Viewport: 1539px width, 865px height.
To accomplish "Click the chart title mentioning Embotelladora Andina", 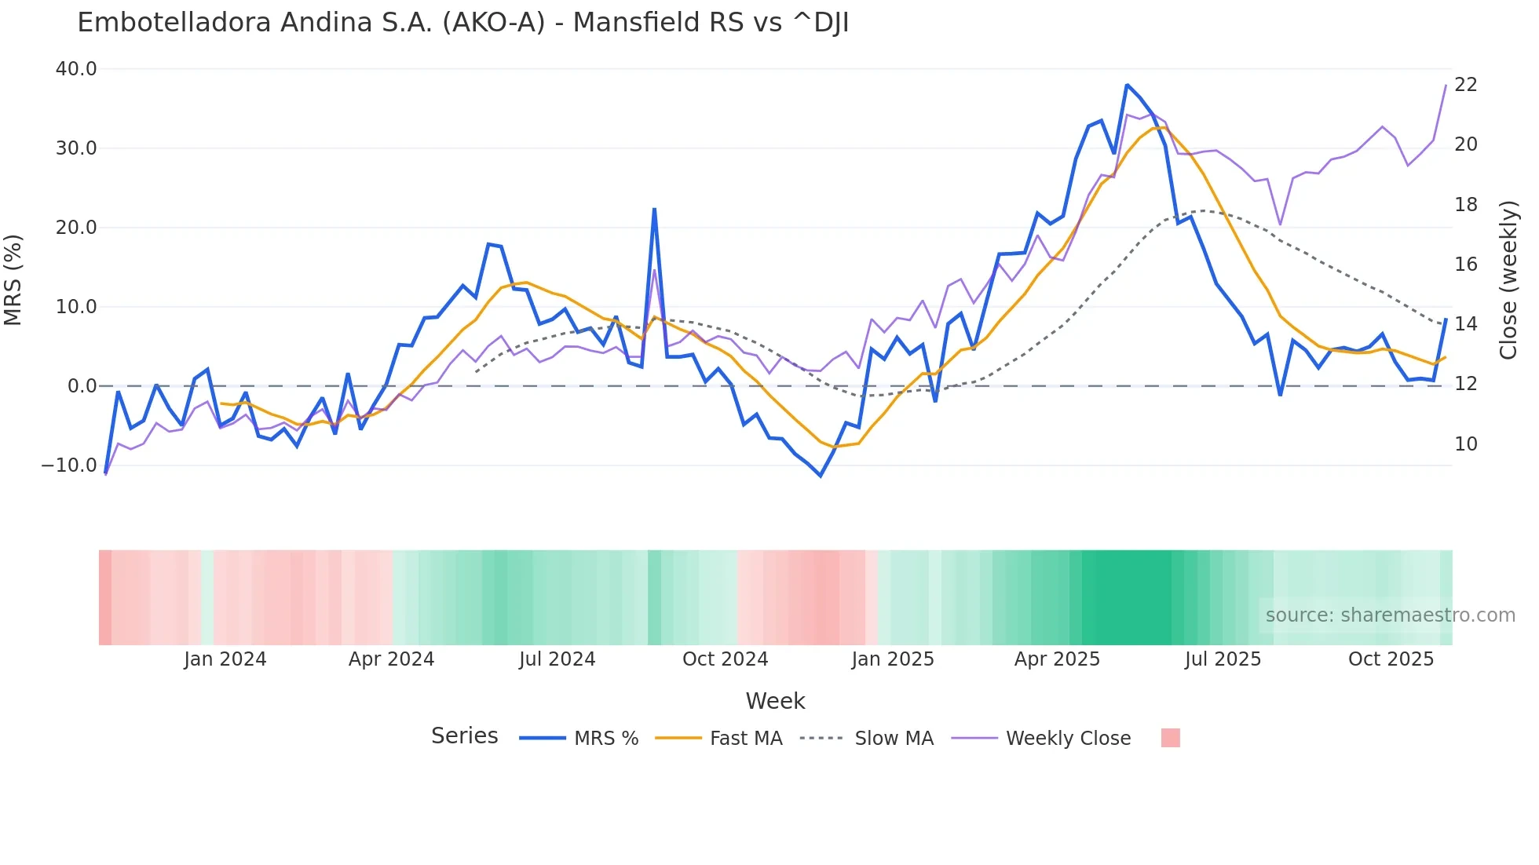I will coord(462,23).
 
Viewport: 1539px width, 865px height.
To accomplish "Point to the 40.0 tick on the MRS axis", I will coord(76,69).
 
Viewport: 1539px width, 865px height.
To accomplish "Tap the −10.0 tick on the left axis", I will coord(69,465).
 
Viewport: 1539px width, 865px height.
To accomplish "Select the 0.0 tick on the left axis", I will coord(82,386).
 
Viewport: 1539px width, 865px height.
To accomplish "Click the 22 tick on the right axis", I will coord(1465,85).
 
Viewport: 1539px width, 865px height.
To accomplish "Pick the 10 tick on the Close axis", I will coord(1465,444).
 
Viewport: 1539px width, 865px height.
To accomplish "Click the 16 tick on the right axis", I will coord(1465,265).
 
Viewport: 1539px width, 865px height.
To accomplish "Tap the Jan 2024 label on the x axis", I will coord(225,659).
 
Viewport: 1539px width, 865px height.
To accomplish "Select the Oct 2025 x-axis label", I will coord(1391,659).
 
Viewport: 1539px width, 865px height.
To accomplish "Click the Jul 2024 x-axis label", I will coord(557,659).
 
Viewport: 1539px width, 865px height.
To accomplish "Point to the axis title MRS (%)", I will coord(13,280).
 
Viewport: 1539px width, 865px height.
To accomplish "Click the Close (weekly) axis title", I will coord(1508,280).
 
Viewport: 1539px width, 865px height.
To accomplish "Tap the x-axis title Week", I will coord(775,701).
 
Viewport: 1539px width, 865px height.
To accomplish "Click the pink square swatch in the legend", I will coord(1170,738).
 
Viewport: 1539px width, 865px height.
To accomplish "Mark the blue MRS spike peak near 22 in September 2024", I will coord(654,210).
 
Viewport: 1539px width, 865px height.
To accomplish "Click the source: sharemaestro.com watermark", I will coord(1390,615).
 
